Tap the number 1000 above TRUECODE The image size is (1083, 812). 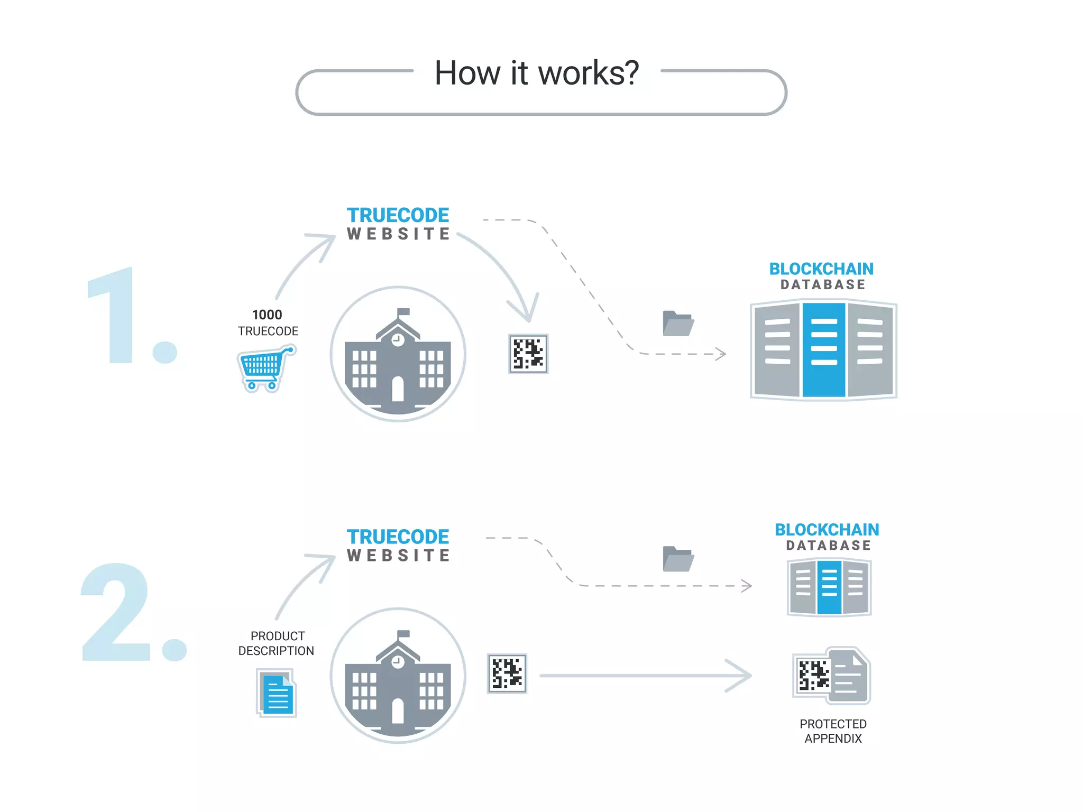point(267,315)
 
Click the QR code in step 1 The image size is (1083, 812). point(528,354)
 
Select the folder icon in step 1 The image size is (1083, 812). point(678,324)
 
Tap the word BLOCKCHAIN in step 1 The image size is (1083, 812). point(821,269)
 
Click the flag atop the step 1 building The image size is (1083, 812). point(403,312)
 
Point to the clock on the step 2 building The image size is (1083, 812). point(398,662)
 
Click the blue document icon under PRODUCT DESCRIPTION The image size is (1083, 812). point(277,694)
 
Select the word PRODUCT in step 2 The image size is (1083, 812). point(278,636)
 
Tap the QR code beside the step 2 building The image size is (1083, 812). point(507,673)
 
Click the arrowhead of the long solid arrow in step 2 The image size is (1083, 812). point(742,675)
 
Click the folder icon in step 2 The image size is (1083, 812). point(678,559)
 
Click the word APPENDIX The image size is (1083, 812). point(833,739)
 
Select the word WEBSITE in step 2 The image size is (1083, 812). point(399,556)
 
